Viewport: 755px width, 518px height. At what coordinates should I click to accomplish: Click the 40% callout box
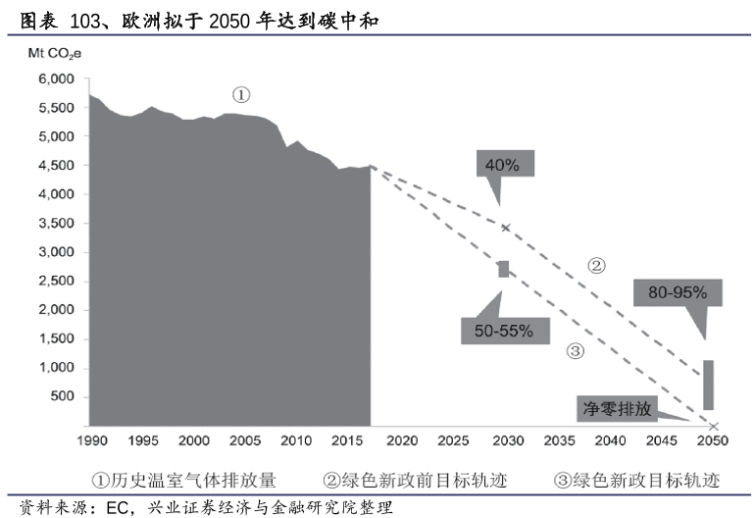click(x=503, y=164)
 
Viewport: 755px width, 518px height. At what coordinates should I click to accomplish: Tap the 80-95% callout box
click(x=678, y=291)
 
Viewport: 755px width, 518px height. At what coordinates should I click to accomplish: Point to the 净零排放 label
click(x=618, y=409)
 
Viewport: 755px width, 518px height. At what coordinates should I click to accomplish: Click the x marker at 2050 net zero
click(x=715, y=426)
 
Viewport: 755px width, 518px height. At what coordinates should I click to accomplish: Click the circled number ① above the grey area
click(x=241, y=95)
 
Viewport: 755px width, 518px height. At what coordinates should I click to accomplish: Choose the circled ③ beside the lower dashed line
click(x=576, y=351)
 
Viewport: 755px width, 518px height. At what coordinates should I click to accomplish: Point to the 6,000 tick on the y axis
click(x=55, y=79)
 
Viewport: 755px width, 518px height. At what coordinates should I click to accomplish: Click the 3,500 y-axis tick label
click(x=55, y=224)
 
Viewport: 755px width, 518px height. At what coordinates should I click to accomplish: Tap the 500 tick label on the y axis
click(x=62, y=396)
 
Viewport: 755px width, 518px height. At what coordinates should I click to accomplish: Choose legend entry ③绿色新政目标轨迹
click(x=636, y=480)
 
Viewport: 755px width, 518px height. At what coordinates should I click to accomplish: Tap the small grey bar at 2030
click(x=504, y=269)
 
